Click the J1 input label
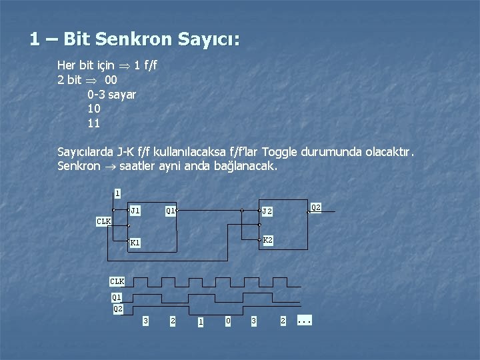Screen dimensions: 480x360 (x=135, y=211)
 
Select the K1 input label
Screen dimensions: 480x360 (x=135, y=243)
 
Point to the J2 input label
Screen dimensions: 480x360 (x=267, y=211)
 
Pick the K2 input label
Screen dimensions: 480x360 (x=267, y=240)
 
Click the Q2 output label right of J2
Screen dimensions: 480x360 (x=316, y=207)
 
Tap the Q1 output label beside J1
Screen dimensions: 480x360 (x=170, y=211)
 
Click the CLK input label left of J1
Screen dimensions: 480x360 (x=103, y=221)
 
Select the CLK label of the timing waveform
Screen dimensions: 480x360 (x=117, y=281)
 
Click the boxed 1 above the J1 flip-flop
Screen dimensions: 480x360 (x=117, y=193)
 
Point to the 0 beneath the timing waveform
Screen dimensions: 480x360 (x=228, y=321)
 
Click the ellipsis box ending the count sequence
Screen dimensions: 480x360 (x=304, y=321)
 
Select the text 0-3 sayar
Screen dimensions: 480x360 (x=111, y=95)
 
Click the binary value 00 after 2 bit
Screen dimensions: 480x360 (x=111, y=80)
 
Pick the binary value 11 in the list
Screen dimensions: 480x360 (x=93, y=123)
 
